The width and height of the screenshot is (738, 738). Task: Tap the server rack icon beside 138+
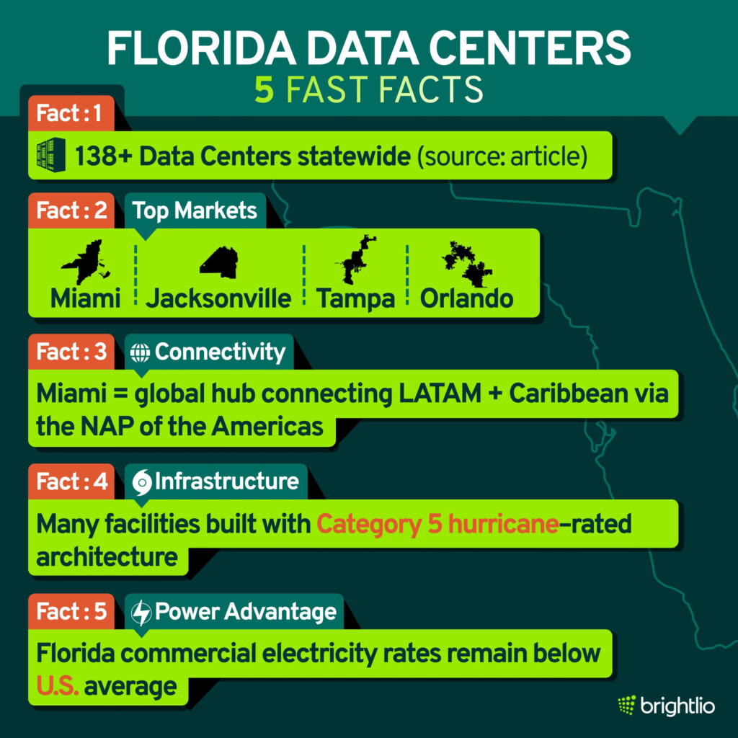click(51, 154)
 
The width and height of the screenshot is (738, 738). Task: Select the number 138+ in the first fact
click(106, 155)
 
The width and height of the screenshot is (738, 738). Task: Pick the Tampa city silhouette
click(355, 259)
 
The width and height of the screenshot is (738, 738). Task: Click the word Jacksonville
click(218, 298)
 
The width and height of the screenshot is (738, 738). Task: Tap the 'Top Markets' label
click(195, 210)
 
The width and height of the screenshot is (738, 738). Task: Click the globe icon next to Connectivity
click(140, 352)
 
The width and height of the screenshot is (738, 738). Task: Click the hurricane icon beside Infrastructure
click(141, 481)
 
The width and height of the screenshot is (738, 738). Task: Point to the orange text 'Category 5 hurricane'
click(437, 524)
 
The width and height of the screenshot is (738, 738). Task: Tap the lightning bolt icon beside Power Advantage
click(142, 612)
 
